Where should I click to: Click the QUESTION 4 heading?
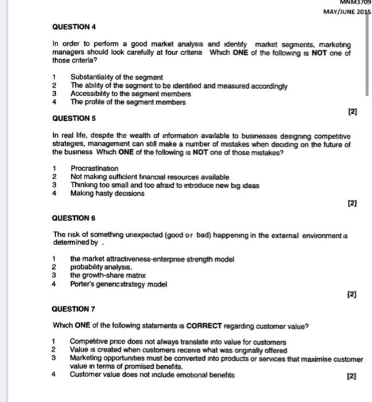[x=73, y=27]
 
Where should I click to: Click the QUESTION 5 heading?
[x=73, y=118]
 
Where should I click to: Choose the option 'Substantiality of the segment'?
[x=117, y=78]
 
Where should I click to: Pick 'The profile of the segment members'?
[x=128, y=102]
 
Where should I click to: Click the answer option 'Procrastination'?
[x=95, y=169]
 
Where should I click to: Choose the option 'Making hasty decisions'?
[x=107, y=194]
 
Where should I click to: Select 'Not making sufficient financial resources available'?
[x=149, y=177]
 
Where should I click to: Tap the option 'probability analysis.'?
[x=101, y=267]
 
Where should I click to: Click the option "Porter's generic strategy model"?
[x=118, y=284]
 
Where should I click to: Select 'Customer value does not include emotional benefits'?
[x=152, y=374]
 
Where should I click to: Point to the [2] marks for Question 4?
[x=352, y=113]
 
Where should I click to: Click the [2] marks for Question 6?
[x=352, y=295]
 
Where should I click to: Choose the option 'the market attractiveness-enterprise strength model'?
[x=152, y=259]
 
